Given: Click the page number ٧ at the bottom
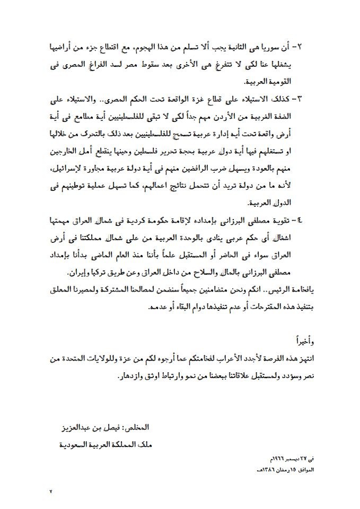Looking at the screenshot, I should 51,492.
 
